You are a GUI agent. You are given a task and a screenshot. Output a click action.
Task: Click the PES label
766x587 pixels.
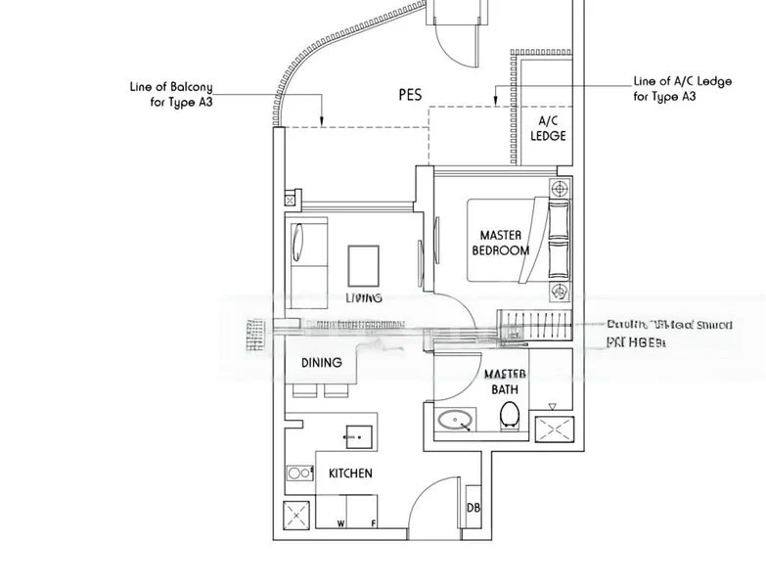point(410,95)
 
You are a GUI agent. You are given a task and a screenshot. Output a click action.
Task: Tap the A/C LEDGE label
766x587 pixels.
point(548,128)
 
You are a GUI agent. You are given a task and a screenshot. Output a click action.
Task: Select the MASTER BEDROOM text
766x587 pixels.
point(500,243)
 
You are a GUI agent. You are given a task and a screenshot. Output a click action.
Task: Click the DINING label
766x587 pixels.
point(321,363)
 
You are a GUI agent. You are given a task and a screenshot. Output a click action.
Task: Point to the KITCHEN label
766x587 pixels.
point(349,474)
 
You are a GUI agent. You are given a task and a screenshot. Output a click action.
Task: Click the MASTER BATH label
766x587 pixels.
point(505,382)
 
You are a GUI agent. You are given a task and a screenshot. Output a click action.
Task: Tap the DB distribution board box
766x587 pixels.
point(473,508)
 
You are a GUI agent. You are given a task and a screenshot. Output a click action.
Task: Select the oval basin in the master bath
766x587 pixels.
point(454,422)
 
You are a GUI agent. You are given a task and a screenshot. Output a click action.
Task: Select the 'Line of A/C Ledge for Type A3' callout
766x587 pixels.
point(682,88)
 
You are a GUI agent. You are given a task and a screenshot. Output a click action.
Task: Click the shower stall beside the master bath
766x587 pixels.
point(554,431)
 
